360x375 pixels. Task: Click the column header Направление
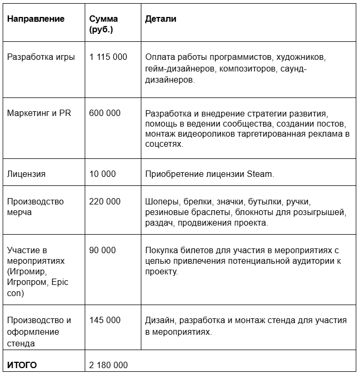tap(35, 19)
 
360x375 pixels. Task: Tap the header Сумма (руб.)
tap(104, 24)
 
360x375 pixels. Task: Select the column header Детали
tap(161, 19)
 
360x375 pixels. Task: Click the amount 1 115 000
tap(109, 57)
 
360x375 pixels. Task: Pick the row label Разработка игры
tap(41, 57)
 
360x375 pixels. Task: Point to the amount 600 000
tap(105, 113)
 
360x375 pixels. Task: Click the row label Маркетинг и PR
tap(39, 113)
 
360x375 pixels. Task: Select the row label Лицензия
tap(26, 174)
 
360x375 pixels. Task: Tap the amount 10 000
tap(103, 174)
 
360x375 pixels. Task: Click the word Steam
tap(259, 174)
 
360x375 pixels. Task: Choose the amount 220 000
tap(105, 202)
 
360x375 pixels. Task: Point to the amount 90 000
tap(103, 250)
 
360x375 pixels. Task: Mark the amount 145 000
tap(105, 320)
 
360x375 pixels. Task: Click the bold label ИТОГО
tap(22, 365)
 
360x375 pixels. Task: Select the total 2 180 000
tap(109, 365)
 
